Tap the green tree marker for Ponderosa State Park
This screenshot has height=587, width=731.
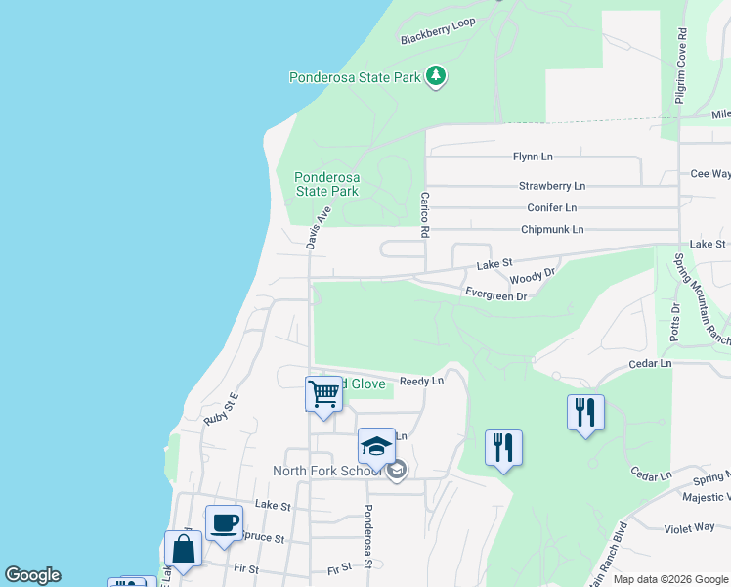[436, 76]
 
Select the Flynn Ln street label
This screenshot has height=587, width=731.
[533, 157]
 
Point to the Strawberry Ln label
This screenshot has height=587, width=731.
[551, 185]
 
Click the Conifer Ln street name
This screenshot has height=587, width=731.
[551, 207]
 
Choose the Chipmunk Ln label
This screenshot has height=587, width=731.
[551, 230]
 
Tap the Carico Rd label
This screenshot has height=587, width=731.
[425, 214]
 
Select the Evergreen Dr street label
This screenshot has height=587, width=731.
[495, 294]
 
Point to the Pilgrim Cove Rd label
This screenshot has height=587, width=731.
[680, 66]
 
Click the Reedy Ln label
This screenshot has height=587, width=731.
[422, 381]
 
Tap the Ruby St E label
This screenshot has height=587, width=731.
[221, 408]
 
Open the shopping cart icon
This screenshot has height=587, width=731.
[323, 394]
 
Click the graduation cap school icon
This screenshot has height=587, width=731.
[376, 446]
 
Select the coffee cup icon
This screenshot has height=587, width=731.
[224, 522]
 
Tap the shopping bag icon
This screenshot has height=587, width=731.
[183, 548]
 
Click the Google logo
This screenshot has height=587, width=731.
[32, 575]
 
